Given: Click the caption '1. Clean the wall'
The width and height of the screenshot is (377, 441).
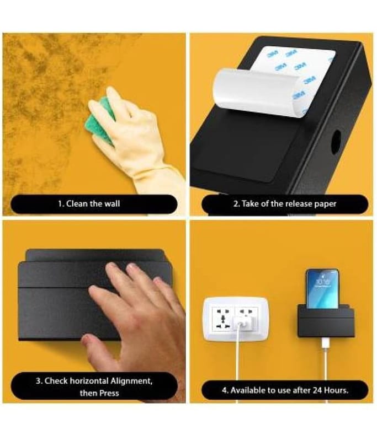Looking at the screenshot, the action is point(89,203).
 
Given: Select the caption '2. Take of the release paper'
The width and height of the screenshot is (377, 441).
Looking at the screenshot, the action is point(285,203).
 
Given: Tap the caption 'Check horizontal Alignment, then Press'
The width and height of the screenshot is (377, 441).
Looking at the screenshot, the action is point(94,387).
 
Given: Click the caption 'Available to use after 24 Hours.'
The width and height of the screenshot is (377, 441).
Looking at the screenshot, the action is point(285,390).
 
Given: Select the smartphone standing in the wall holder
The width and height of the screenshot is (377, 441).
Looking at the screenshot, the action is point(322,289).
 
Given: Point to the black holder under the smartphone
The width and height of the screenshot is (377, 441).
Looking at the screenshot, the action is point(326,322).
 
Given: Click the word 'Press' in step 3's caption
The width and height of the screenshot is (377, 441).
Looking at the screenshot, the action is point(108,393).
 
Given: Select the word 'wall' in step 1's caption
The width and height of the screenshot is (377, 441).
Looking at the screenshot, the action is point(112,203).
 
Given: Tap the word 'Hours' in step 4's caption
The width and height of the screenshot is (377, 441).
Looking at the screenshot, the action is point(336,390).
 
